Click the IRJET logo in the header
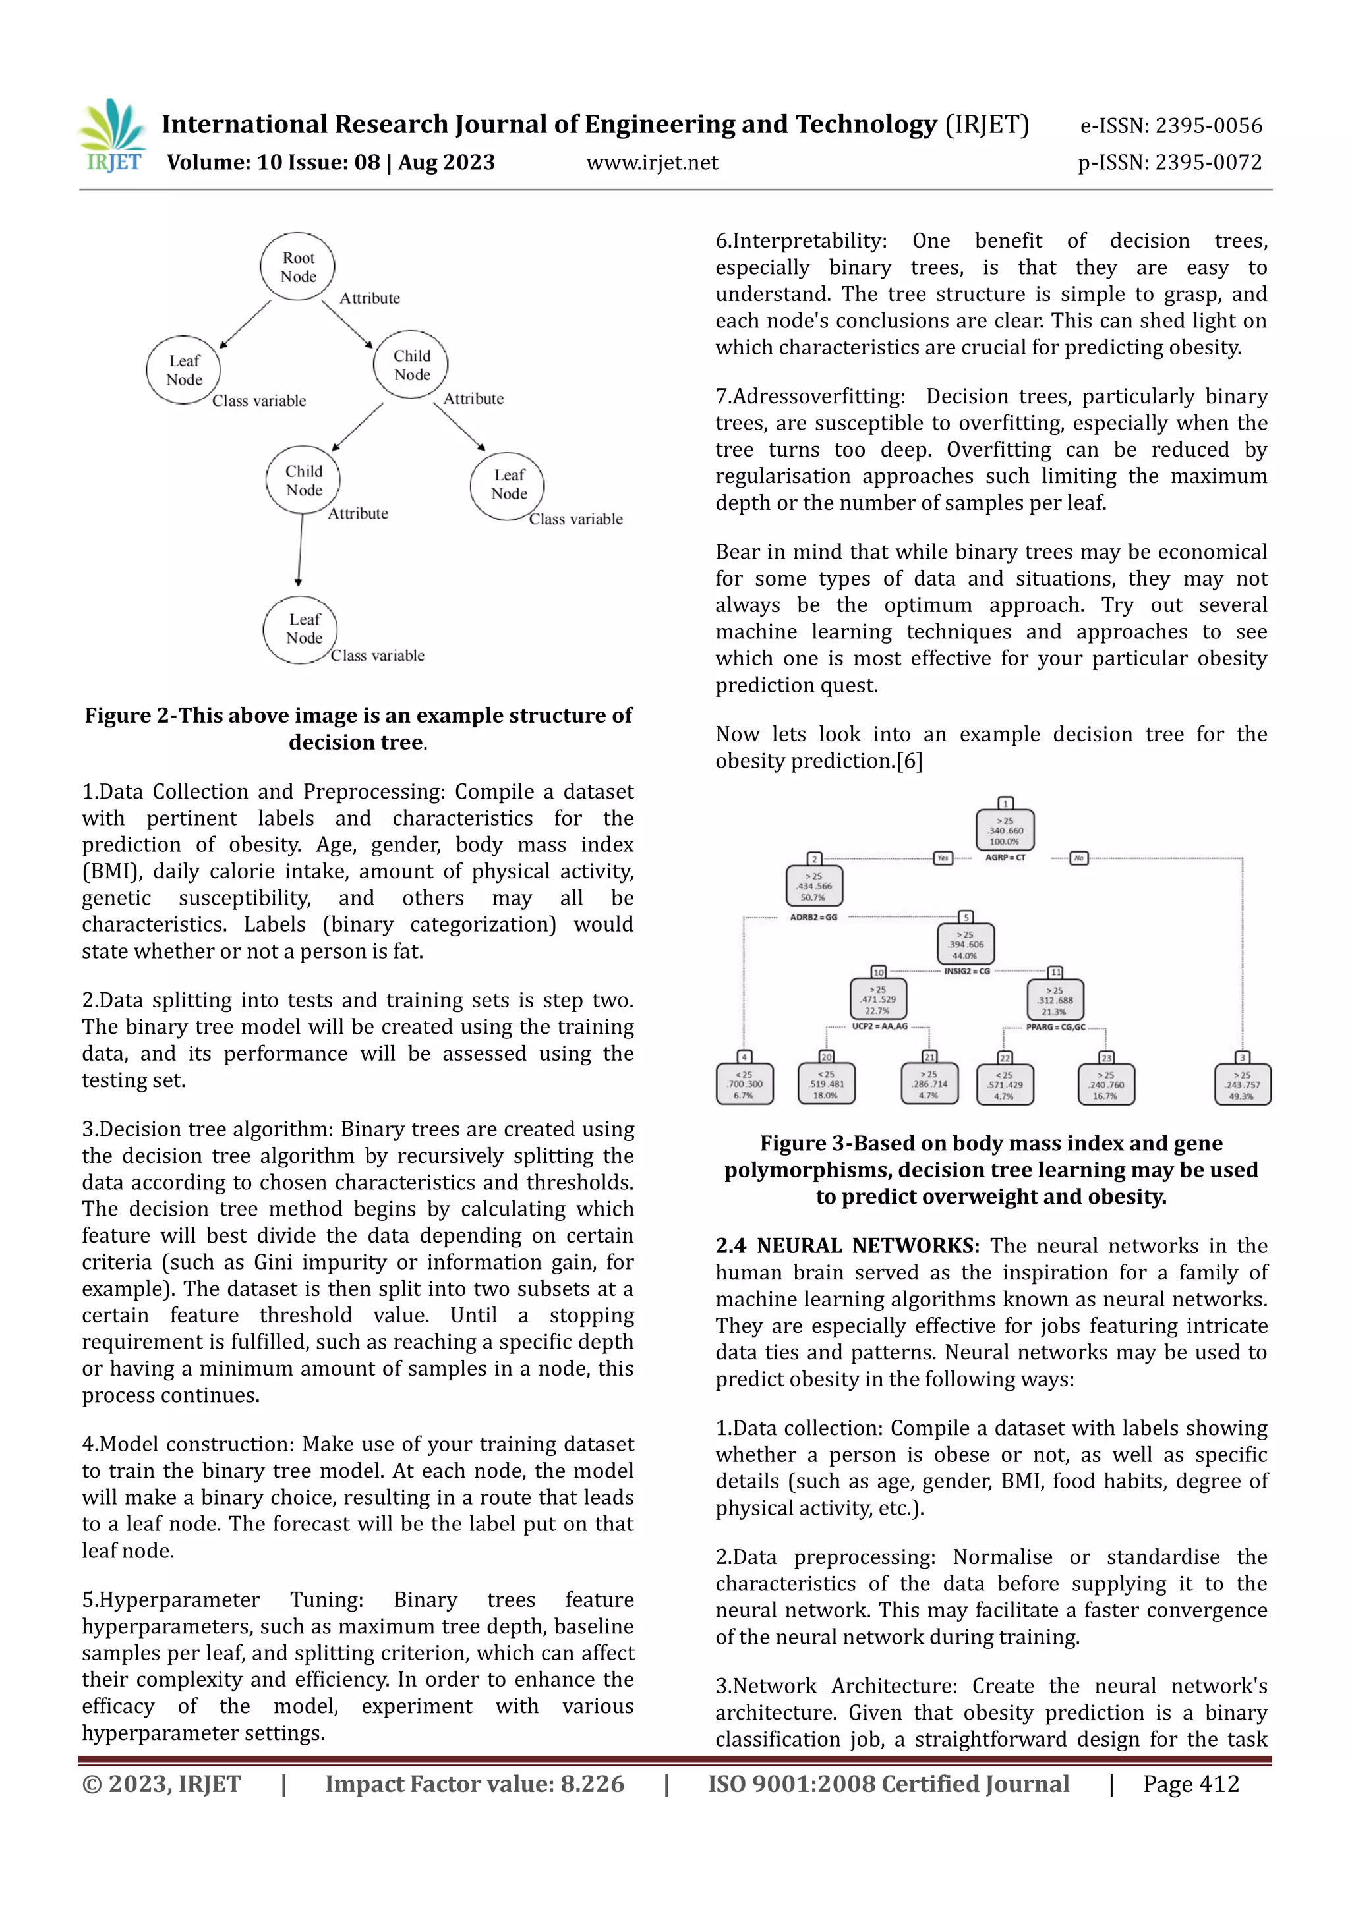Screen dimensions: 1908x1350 click(113, 136)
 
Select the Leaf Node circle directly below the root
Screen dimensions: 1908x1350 click(184, 370)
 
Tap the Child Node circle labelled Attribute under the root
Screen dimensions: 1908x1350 click(411, 364)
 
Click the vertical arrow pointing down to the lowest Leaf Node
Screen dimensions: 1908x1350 click(300, 550)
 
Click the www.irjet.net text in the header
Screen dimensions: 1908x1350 click(652, 163)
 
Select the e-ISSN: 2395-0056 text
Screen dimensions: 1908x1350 click(1171, 126)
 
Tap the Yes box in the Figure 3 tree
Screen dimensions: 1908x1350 click(943, 858)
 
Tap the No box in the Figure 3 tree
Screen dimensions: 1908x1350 click(1078, 858)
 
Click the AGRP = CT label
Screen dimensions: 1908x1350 click(1005, 858)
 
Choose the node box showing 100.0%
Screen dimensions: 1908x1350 click(1005, 830)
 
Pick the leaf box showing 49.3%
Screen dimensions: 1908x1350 click(1242, 1084)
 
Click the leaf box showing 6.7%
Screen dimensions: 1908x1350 click(744, 1084)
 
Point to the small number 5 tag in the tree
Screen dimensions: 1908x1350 click(965, 916)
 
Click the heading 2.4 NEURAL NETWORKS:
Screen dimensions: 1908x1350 click(847, 1246)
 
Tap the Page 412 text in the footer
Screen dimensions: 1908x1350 click(1190, 1784)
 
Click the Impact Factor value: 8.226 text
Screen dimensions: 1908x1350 click(474, 1784)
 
